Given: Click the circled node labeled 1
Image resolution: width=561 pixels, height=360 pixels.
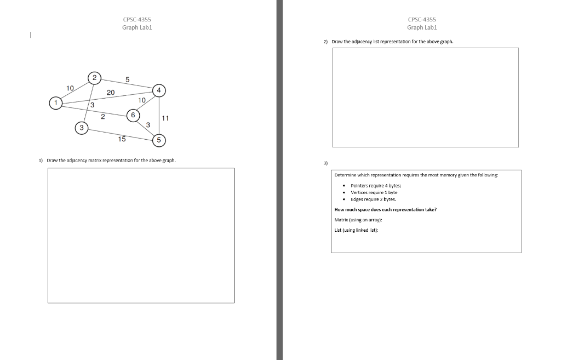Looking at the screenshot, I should [x=55, y=102].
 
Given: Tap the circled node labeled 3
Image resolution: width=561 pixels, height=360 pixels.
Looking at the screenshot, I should [x=82, y=128].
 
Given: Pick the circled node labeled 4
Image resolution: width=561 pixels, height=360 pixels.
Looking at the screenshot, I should [x=159, y=90].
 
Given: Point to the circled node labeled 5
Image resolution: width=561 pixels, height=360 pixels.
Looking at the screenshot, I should [x=159, y=140].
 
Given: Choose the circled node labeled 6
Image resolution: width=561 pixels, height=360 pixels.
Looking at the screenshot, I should [x=133, y=115].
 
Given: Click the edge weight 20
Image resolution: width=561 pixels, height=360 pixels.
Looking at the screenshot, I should [x=111, y=93].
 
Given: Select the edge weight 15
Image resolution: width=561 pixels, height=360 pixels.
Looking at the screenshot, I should [x=122, y=139].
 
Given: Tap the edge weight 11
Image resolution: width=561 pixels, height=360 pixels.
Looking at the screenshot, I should [x=166, y=118].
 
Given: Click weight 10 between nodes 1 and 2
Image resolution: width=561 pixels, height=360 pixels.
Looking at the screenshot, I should [x=70, y=88].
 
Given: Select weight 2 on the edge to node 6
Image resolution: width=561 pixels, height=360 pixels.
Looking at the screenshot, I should [x=103, y=116].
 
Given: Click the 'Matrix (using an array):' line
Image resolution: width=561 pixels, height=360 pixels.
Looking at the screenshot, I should [x=358, y=220].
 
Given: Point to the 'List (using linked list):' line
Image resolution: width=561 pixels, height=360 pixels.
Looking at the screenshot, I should [x=357, y=230].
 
